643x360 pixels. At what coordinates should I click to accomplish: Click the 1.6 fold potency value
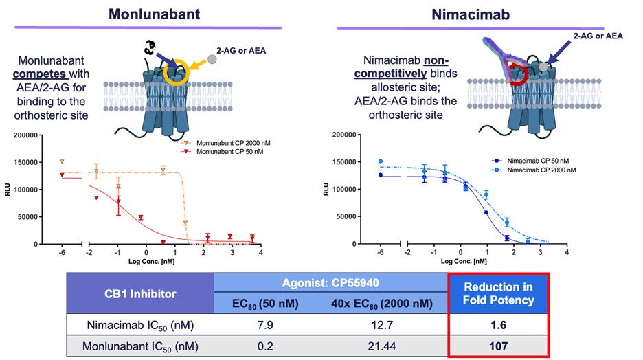click(x=498, y=324)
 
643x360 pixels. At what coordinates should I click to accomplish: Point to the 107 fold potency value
click(x=498, y=346)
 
